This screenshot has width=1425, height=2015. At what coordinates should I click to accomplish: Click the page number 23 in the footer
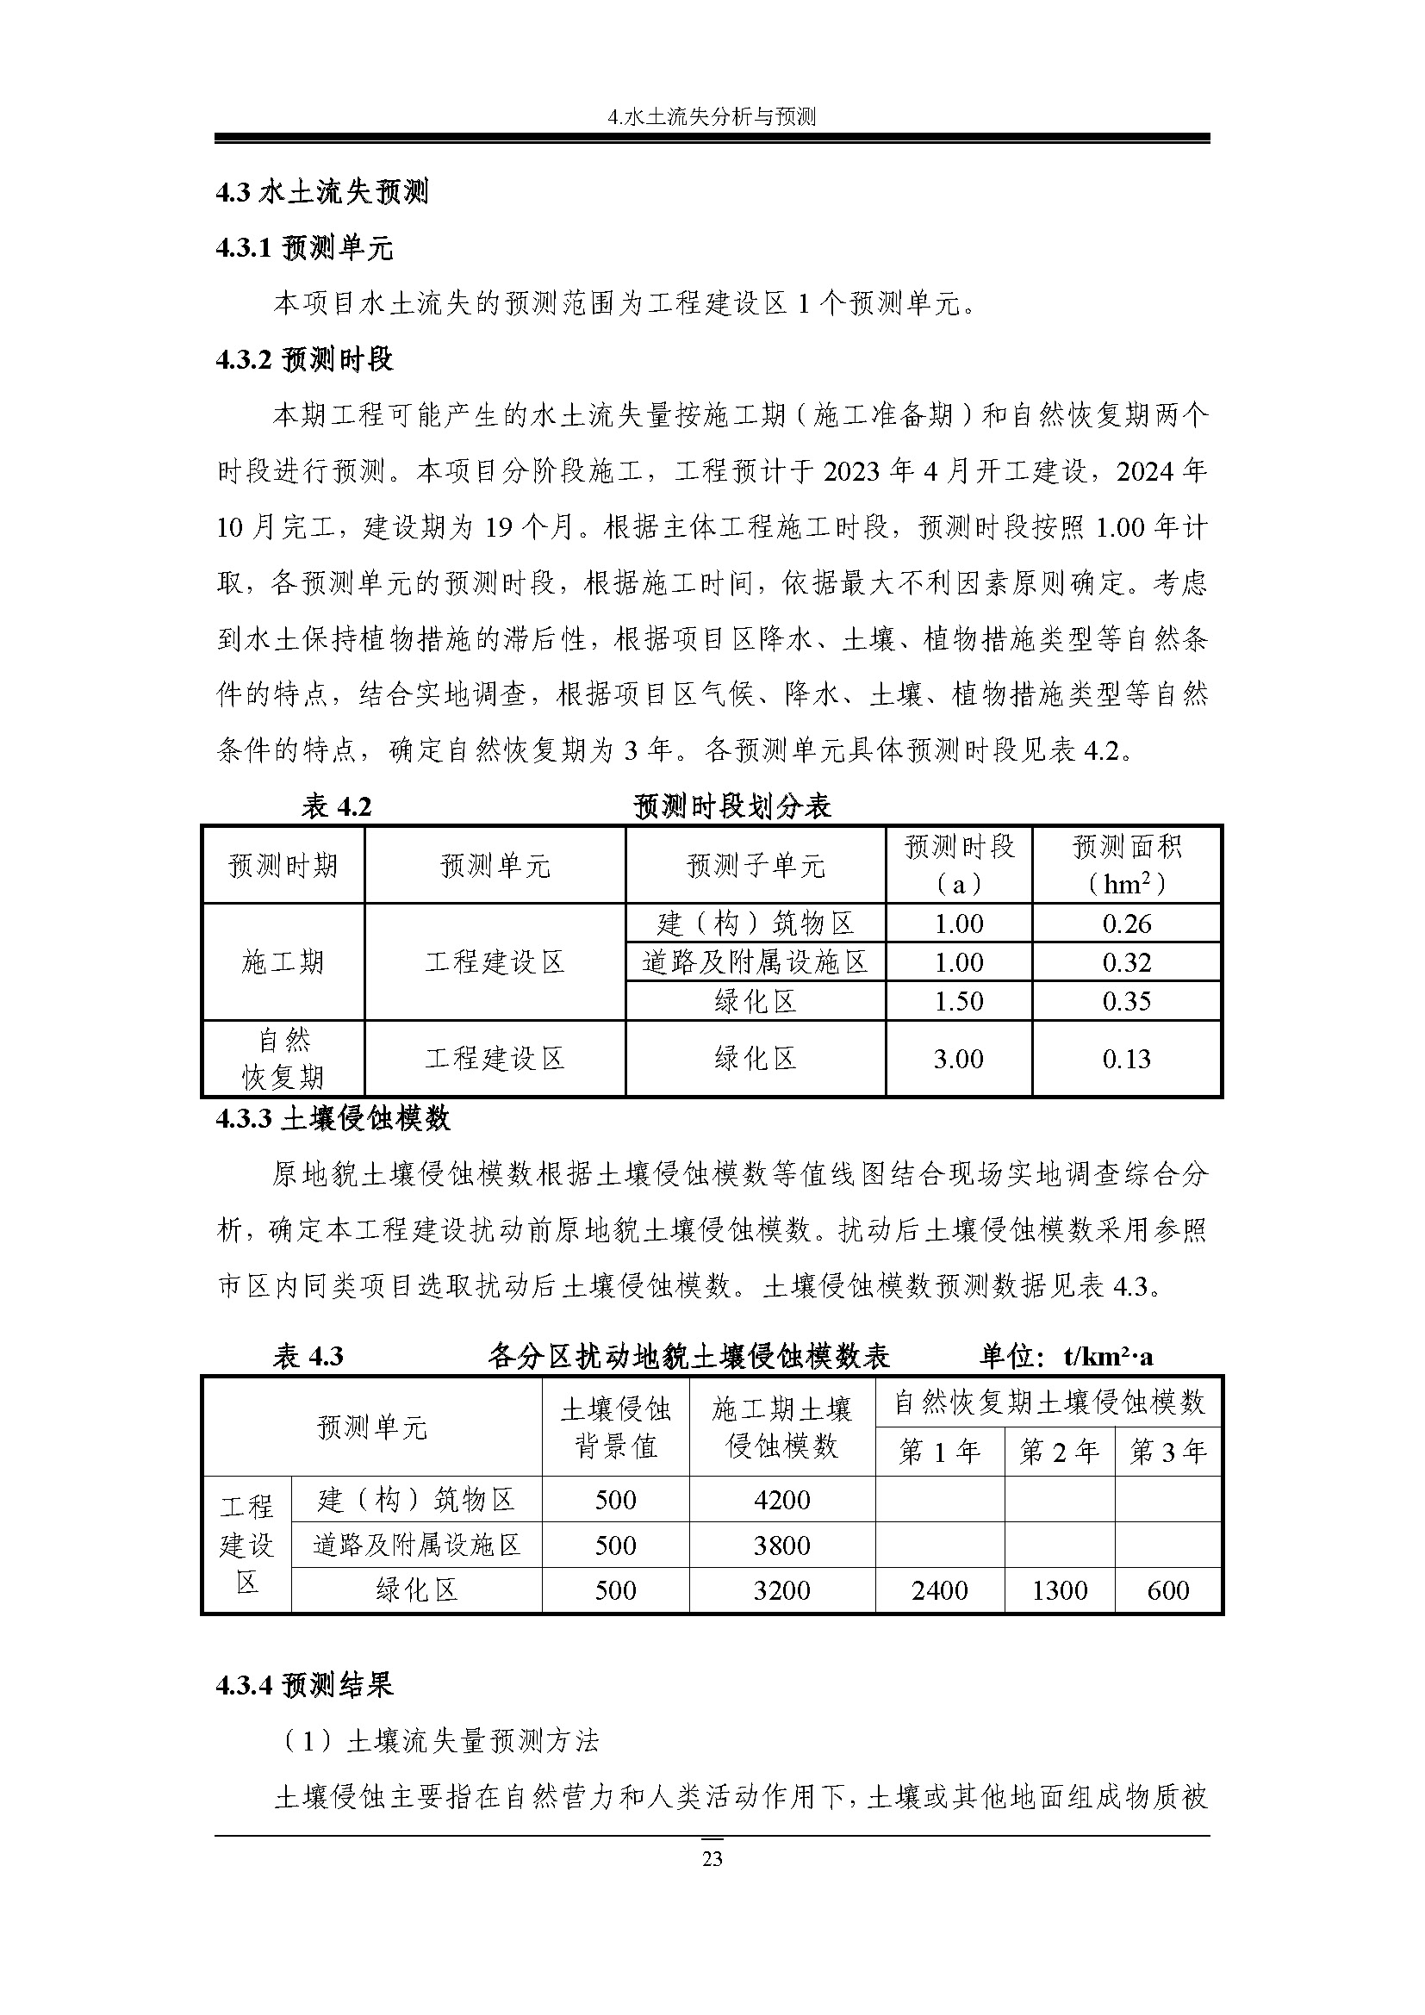point(712,1858)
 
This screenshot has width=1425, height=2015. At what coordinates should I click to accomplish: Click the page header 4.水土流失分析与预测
point(712,116)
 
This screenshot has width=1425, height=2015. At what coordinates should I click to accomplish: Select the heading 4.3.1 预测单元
point(304,248)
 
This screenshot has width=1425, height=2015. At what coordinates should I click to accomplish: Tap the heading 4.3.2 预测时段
point(304,359)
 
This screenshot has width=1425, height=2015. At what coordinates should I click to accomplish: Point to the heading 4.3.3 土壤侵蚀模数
point(333,1118)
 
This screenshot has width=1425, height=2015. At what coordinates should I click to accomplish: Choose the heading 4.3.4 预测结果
point(304,1685)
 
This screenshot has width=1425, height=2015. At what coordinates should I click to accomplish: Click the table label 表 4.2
point(336,805)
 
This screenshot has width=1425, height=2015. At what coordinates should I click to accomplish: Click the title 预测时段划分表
point(731,805)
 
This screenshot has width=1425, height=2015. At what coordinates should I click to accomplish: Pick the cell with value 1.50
point(958,1000)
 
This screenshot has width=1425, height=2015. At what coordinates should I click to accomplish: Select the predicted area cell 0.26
point(1127,924)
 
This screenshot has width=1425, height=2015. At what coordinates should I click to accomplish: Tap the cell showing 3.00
point(958,1059)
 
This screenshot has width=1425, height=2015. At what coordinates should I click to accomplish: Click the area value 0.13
point(1127,1059)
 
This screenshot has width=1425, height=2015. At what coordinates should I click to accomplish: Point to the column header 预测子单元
point(756,865)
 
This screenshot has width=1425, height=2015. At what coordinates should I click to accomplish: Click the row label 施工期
point(283,962)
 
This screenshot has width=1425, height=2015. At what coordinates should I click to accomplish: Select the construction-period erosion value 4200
point(781,1500)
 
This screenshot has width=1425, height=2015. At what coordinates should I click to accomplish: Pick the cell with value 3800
point(781,1545)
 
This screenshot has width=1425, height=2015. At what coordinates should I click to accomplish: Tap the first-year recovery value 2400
point(940,1590)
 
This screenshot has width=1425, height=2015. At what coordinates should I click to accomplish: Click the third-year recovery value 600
point(1168,1590)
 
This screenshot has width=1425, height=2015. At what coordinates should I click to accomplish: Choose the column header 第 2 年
point(1059,1452)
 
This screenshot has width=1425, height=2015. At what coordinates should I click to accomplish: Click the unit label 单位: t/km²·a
point(1066,1357)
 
